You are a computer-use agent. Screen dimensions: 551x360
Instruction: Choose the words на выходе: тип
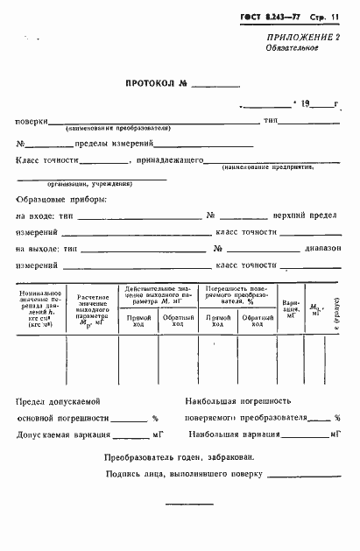click(50, 249)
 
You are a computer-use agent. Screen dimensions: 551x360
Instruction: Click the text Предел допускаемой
click(58, 400)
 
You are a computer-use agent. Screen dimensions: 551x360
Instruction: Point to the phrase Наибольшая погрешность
click(232, 400)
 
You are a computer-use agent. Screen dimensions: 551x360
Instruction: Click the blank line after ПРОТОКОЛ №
click(214, 88)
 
